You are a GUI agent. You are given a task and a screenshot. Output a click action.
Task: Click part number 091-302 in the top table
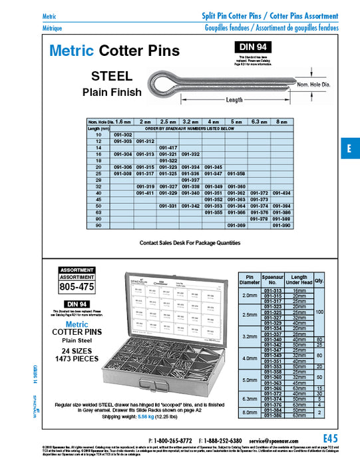coord(123,135)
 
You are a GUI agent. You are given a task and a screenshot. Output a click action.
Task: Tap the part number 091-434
coord(282,192)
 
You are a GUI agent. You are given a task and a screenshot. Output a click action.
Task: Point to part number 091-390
coord(282,226)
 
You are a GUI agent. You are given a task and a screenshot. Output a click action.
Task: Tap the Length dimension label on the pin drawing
coord(234,100)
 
